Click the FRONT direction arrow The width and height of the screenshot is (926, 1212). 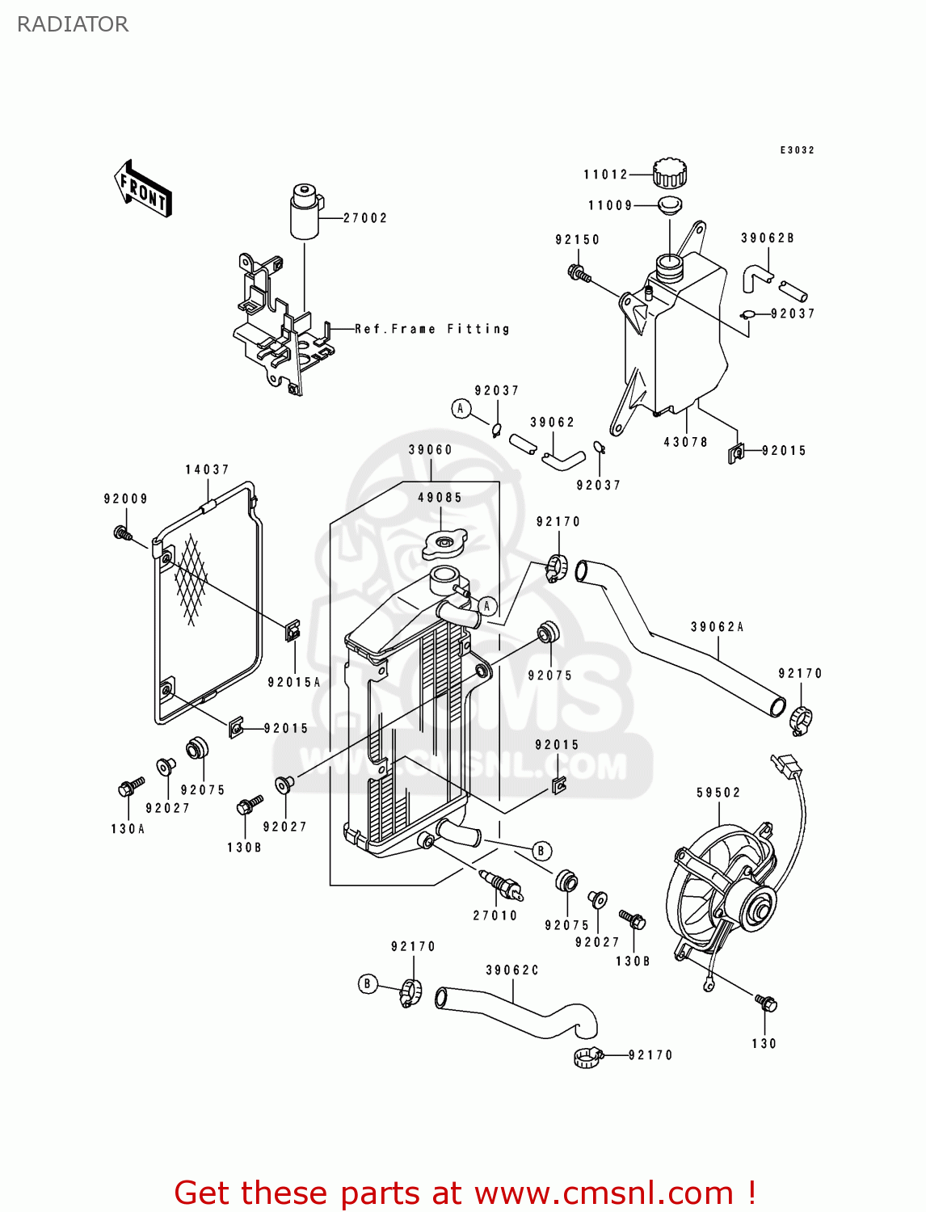tap(143, 189)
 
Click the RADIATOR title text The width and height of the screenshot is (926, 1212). tap(73, 24)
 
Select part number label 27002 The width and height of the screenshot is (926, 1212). tap(365, 218)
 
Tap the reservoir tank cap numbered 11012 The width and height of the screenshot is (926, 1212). tap(669, 172)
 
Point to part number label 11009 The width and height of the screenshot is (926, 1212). tap(610, 205)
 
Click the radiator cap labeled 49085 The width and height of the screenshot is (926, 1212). tap(444, 545)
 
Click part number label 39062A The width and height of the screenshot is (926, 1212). tap(717, 627)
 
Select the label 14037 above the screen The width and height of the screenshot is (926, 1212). tap(207, 469)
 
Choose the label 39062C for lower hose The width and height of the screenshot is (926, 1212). tap(511, 970)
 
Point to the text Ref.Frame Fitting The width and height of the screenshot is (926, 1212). tap(432, 329)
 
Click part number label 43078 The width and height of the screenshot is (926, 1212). tap(685, 442)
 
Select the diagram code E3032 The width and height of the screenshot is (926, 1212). tap(797, 150)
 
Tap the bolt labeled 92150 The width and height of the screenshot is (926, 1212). tap(579, 273)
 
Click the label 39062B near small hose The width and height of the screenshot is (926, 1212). tap(767, 238)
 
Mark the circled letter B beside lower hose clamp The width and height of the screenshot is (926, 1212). tap(368, 983)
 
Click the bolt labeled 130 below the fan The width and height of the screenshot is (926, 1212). tap(766, 1003)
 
